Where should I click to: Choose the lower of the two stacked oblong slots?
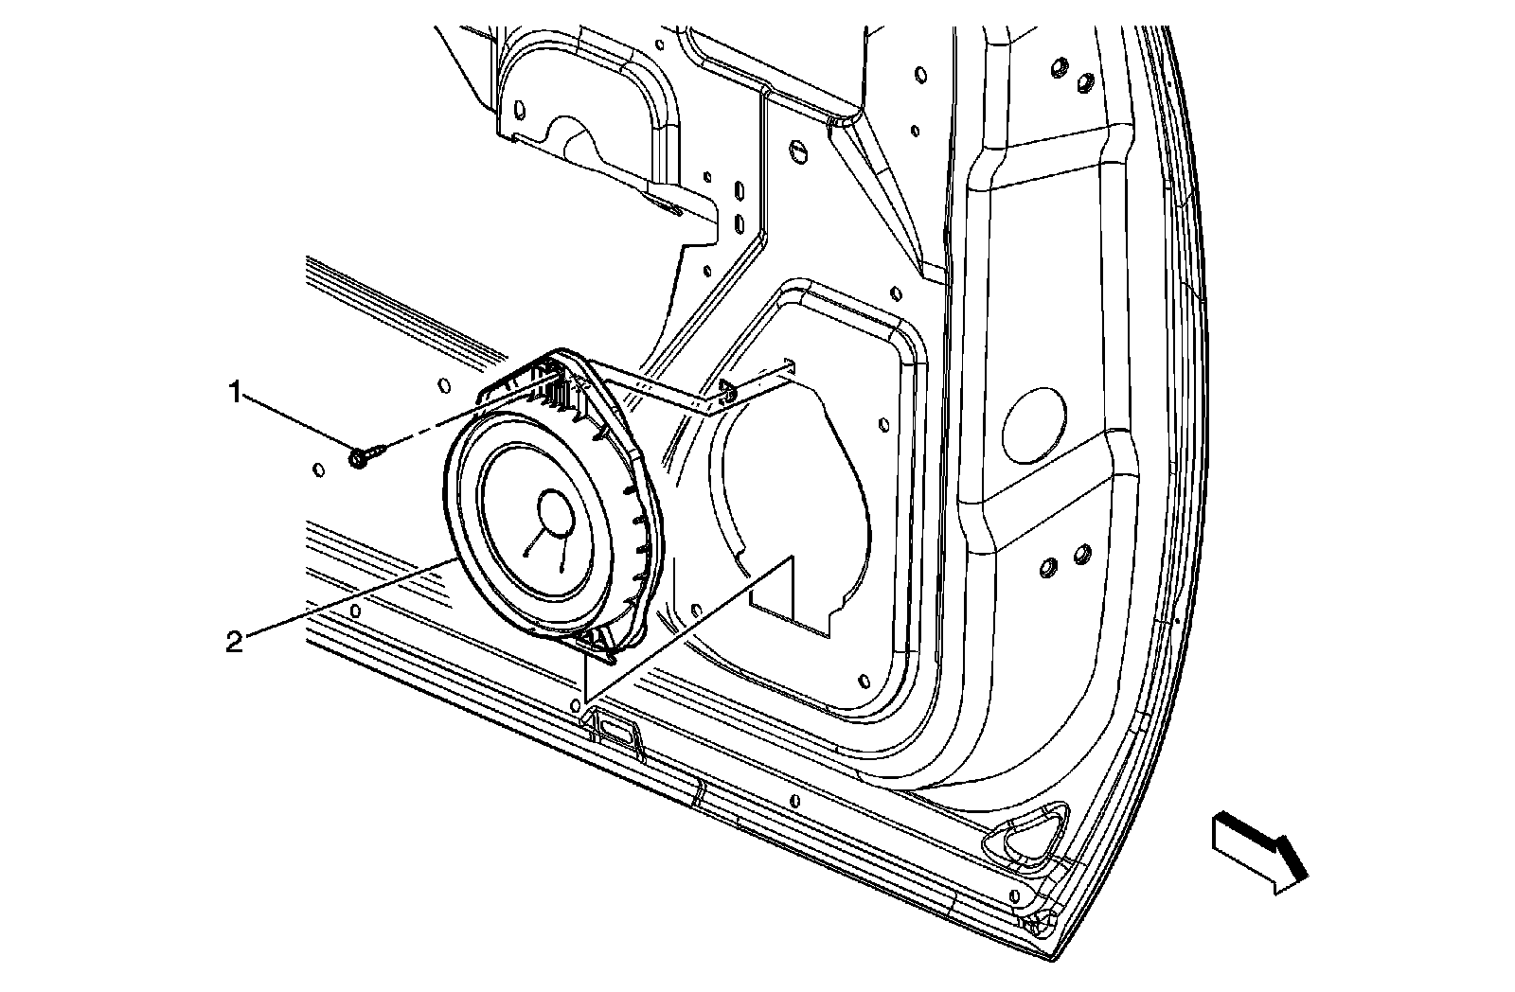tap(739, 225)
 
